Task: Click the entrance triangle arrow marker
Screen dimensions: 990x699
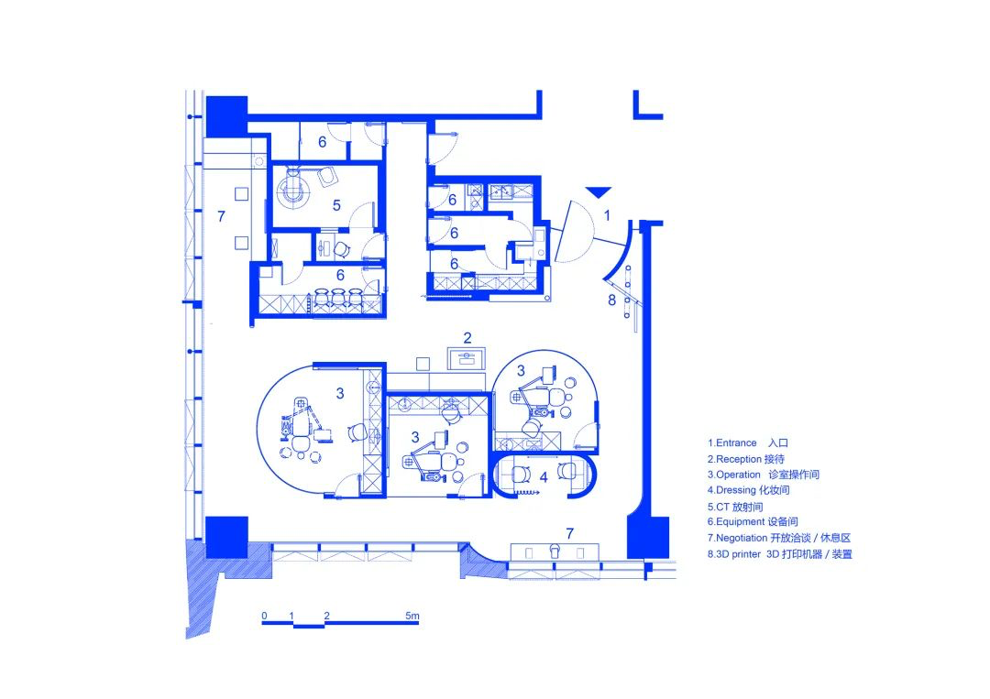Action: pyautogui.click(x=598, y=191)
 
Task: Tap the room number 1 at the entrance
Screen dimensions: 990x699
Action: pyautogui.click(x=607, y=216)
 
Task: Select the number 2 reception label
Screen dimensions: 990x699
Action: pyautogui.click(x=467, y=338)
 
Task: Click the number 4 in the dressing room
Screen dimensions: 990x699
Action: pyautogui.click(x=543, y=477)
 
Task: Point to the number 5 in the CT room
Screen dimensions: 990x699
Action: pyautogui.click(x=336, y=205)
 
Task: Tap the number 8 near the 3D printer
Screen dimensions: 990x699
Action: pyautogui.click(x=611, y=300)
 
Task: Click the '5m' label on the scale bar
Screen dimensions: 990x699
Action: pyautogui.click(x=412, y=616)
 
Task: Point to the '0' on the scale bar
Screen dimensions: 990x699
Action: pyautogui.click(x=264, y=616)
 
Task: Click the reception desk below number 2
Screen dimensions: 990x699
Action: pyautogui.click(x=467, y=358)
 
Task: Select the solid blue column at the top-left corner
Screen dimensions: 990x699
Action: pyautogui.click(x=226, y=116)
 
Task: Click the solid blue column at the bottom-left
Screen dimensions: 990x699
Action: pyautogui.click(x=226, y=537)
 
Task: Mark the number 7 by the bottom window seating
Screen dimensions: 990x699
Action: pyautogui.click(x=569, y=534)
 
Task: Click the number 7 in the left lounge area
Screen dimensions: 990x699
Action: pyautogui.click(x=221, y=216)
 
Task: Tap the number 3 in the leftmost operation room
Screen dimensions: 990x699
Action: pyautogui.click(x=340, y=394)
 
